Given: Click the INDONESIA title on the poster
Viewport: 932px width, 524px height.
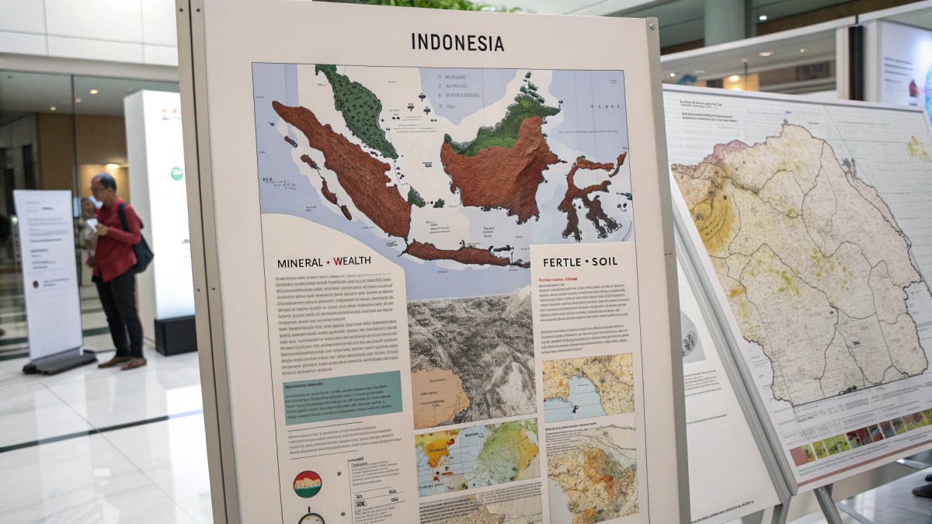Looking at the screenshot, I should coord(457,43).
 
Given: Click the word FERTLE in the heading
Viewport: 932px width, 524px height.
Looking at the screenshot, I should coord(556,262).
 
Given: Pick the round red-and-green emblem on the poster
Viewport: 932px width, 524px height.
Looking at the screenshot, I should coord(308,484).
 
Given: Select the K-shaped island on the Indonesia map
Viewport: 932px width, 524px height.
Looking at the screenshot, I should coord(589,193).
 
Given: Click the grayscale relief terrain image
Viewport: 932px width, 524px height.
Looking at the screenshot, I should coord(473,349).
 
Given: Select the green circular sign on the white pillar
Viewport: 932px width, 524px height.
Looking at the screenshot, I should coord(176,173).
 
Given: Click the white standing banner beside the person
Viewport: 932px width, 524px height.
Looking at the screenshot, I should coord(48,272).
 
